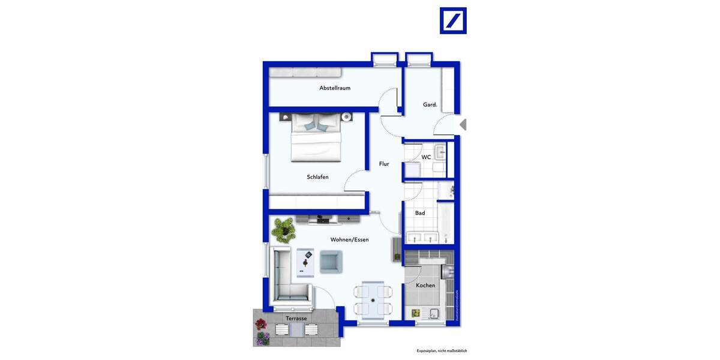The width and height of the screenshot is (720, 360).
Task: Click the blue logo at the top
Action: click(453, 20)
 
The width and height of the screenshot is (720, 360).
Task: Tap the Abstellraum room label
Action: click(335, 88)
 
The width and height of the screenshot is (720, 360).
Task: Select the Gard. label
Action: click(430, 104)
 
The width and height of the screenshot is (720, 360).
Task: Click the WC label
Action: click(426, 157)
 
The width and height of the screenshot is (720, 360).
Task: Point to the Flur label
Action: click(384, 164)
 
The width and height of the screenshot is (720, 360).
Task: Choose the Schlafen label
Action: click(317, 177)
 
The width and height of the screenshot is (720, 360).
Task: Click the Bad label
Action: click(420, 213)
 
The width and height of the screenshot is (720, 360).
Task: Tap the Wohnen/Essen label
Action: click(349, 239)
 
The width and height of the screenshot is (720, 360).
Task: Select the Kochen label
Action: click(425, 286)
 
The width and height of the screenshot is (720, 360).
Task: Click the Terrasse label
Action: click(296, 319)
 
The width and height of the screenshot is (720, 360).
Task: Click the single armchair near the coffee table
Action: click(331, 262)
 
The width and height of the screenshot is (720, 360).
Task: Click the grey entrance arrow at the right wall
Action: click(463, 125)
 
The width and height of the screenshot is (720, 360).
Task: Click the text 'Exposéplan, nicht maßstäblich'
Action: click(442, 350)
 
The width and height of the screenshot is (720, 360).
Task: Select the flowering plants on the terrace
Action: click(262, 332)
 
